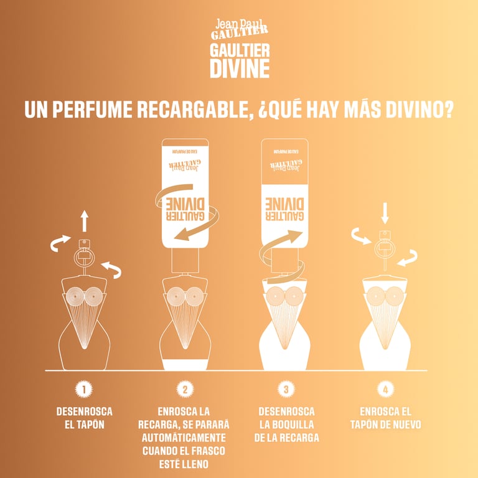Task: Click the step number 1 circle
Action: (x=84, y=390)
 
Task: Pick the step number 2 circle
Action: (x=185, y=390)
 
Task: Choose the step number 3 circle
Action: (x=286, y=390)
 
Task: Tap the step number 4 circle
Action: (x=386, y=390)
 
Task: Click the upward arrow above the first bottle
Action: (x=85, y=221)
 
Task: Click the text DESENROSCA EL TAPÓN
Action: (x=84, y=418)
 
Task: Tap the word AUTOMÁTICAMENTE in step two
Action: (x=185, y=438)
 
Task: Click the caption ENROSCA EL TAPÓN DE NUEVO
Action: (x=386, y=418)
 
